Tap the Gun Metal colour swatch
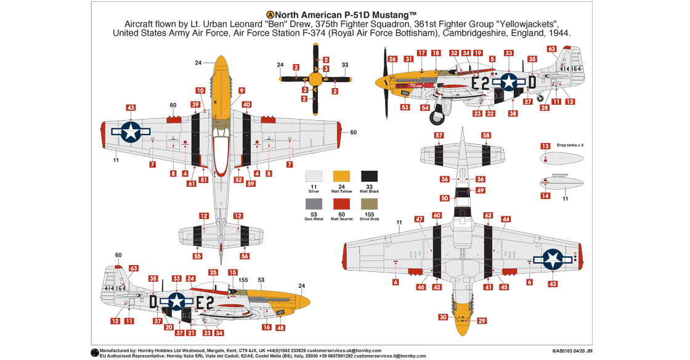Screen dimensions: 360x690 pos(314,205)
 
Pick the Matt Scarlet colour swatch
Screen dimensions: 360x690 pos(342,205)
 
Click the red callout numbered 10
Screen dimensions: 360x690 pos(200,91)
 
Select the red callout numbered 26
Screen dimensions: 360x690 pos(392,59)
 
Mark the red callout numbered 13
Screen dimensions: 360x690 pos(545,146)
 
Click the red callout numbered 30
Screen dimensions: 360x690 pos(443,317)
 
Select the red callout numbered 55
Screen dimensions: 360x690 pos(197,256)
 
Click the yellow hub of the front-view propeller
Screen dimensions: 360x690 pos(315,79)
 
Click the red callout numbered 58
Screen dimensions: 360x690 pos(486,135)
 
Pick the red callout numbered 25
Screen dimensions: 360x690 pos(213,272)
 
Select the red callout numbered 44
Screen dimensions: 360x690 pos(506,219)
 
